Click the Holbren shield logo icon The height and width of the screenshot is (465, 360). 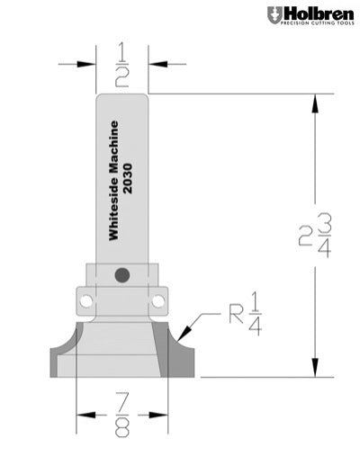pyautogui.click(x=274, y=16)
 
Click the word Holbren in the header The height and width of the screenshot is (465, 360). pyautogui.click(x=315, y=13)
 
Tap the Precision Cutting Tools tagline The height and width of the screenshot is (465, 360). pyautogui.click(x=315, y=26)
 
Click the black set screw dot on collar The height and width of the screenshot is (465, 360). pyautogui.click(x=122, y=273)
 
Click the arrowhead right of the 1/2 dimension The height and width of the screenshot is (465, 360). pyautogui.click(x=156, y=63)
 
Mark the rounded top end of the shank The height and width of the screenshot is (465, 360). pyautogui.click(x=122, y=97)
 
